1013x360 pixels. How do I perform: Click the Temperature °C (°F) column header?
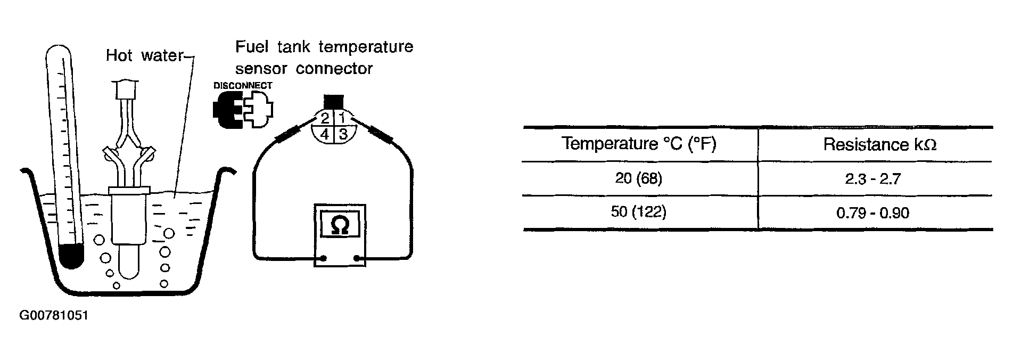coord(639,144)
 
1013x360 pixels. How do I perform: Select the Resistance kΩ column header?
coord(879,144)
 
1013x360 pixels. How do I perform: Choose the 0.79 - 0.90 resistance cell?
coord(872,213)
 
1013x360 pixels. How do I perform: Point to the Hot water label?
coord(144,55)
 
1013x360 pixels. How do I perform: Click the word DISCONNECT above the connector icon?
coord(243,86)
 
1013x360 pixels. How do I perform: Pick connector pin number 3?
coord(343,133)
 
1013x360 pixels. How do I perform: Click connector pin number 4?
coord(324,134)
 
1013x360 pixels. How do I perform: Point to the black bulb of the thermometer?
coord(71,256)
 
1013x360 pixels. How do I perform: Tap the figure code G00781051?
coord(53,316)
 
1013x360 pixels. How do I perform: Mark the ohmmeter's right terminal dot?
coord(356,259)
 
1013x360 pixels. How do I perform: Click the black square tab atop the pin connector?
coord(334,101)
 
